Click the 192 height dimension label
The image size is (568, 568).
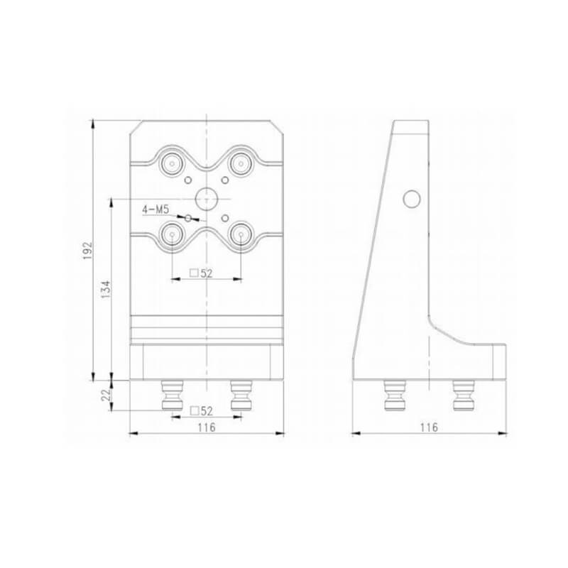pyautogui.click(x=88, y=251)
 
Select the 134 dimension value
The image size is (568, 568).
pyautogui.click(x=105, y=289)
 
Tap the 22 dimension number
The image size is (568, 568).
pyautogui.click(x=105, y=395)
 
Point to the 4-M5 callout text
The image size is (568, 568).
pyautogui.click(x=155, y=209)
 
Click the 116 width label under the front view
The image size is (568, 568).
pyautogui.click(x=207, y=427)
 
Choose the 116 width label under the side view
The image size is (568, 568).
pyautogui.click(x=429, y=427)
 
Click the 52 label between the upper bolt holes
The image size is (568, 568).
pyautogui.click(x=202, y=273)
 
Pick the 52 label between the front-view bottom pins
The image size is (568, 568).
pyautogui.click(x=202, y=411)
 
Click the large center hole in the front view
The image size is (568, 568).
pyautogui.click(x=206, y=199)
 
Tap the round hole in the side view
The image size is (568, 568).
pyautogui.click(x=412, y=199)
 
